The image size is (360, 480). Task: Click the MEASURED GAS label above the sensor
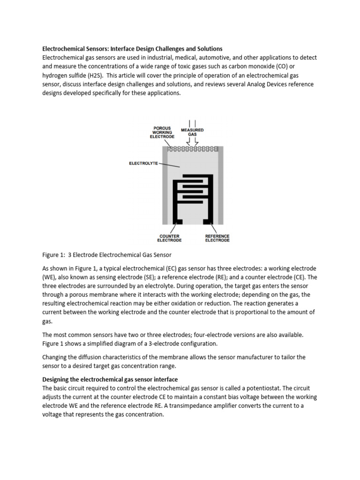(192, 132)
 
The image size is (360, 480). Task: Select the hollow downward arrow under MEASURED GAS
(192, 142)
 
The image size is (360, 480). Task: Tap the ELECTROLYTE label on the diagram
(143, 163)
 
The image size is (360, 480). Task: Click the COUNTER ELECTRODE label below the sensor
(169, 238)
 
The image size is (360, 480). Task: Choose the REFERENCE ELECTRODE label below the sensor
(217, 238)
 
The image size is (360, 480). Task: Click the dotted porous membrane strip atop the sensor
(193, 149)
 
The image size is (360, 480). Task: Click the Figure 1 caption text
(107, 255)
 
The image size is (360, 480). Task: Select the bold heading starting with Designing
(110, 379)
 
